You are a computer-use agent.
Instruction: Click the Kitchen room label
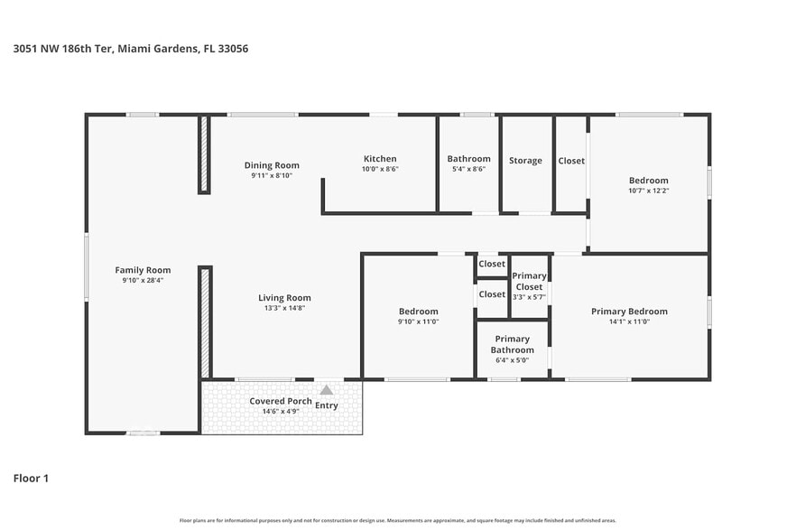tap(380, 159)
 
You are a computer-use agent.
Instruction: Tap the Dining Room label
tap(272, 165)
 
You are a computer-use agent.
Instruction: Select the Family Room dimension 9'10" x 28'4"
tap(143, 280)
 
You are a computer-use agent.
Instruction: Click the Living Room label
tap(284, 298)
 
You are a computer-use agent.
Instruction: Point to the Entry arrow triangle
tap(326, 390)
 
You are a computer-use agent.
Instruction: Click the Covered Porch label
tap(281, 401)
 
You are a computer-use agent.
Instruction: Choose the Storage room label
tap(525, 161)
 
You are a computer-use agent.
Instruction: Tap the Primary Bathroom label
tap(512, 344)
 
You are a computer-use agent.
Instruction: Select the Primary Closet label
tap(529, 281)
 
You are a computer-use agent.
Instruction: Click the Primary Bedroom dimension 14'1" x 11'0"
tap(629, 321)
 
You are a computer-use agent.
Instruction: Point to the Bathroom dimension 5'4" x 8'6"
tap(468, 169)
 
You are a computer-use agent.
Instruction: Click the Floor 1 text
tap(31, 478)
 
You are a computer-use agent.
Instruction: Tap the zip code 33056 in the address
tap(233, 49)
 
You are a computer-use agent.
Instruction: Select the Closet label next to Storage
tap(571, 161)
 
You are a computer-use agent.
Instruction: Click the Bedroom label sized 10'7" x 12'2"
tap(649, 181)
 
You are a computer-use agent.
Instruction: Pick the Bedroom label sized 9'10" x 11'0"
tap(419, 312)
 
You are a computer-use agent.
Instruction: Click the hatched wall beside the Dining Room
tap(204, 154)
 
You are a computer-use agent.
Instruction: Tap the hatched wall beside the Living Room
tap(204, 321)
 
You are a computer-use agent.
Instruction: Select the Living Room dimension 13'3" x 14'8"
tap(284, 308)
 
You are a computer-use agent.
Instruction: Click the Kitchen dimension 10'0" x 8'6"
tap(380, 169)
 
